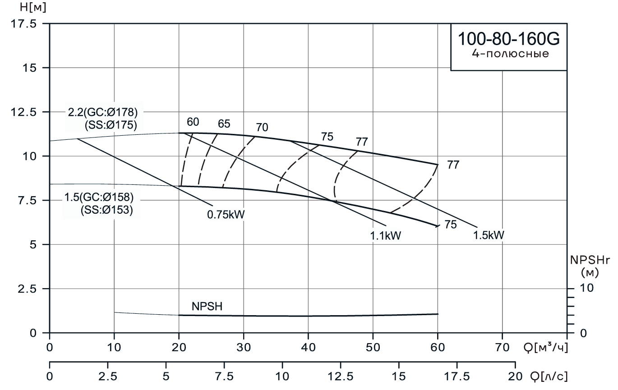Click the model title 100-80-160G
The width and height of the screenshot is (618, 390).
pos(509,39)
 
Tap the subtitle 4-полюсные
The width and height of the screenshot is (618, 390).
pos(509,55)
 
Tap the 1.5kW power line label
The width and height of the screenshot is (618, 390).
pos(489,234)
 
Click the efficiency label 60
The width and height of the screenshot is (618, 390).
pos(193,122)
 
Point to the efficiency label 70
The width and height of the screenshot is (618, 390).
pos(262,128)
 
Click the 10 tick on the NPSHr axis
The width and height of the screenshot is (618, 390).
pos(588,288)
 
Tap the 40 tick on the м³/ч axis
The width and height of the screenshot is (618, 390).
pos(308,348)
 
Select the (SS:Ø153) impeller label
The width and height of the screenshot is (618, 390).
pos(106,210)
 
